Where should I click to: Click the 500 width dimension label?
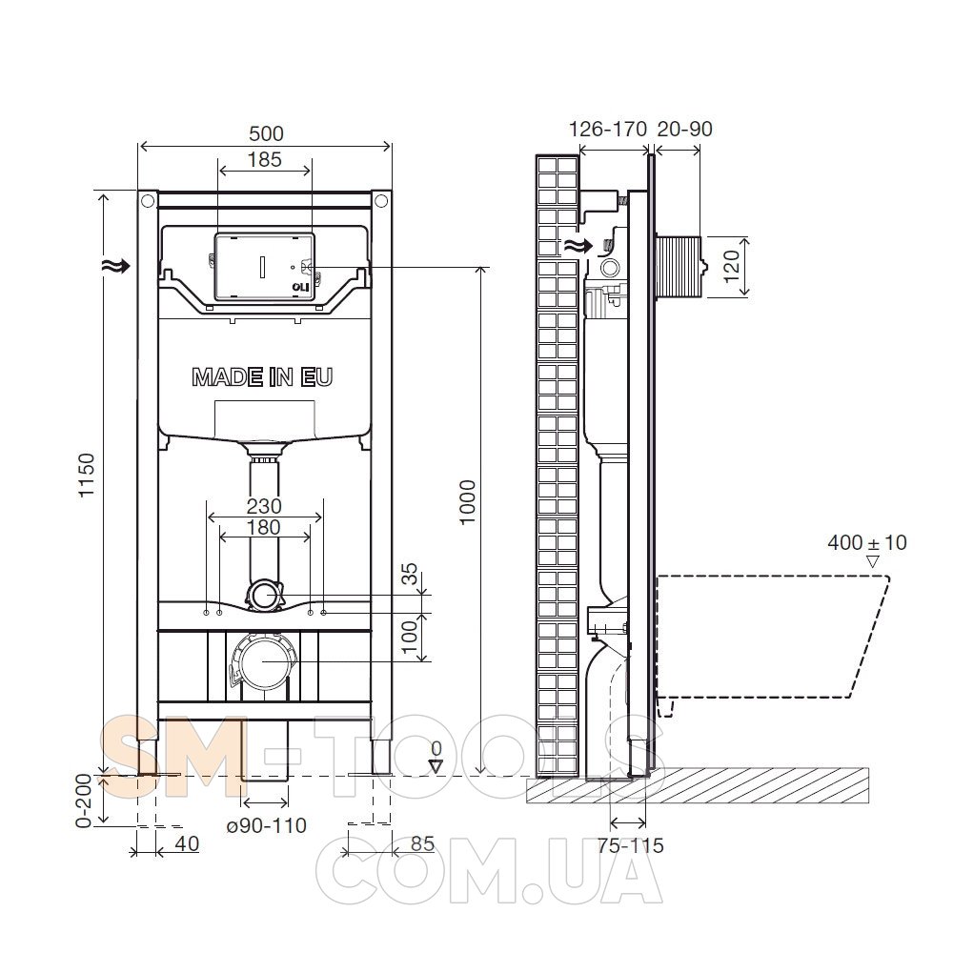tap(266, 133)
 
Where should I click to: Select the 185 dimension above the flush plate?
tap(265, 159)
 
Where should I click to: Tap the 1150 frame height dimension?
tap(87, 475)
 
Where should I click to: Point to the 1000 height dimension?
tap(467, 502)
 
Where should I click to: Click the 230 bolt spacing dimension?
tap(264, 506)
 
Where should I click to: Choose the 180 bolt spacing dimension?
tap(264, 527)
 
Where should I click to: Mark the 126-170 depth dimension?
tap(608, 129)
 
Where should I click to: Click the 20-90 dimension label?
tap(685, 129)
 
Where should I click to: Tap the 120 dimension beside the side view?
tap(731, 266)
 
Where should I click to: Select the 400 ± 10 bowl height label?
tap(866, 542)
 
